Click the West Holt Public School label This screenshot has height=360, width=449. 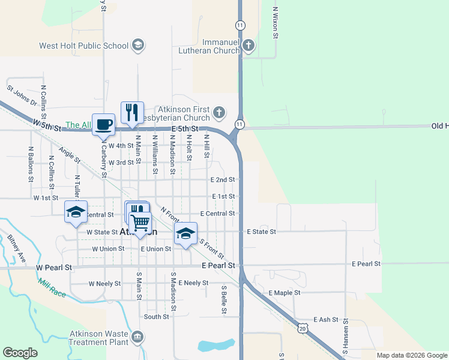point(83,46)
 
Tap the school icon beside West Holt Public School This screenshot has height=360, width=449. point(138,45)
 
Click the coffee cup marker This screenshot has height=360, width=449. point(103,124)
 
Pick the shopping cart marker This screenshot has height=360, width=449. point(140,223)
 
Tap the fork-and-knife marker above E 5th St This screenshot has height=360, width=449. point(133,112)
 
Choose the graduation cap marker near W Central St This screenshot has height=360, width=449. point(76,212)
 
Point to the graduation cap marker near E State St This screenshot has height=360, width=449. point(186,233)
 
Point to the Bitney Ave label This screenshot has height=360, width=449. point(17,248)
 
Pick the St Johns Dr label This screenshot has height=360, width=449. point(22,95)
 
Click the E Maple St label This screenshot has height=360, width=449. point(284,292)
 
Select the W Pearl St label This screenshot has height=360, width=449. point(53,267)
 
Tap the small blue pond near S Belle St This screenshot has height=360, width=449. point(216,345)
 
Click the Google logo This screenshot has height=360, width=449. point(20,353)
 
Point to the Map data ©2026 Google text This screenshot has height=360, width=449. point(411,355)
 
